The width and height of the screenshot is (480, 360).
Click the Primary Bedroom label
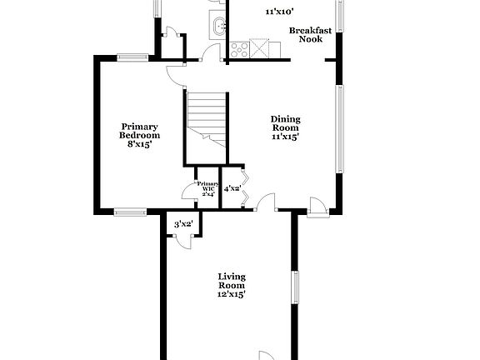tap(139, 131)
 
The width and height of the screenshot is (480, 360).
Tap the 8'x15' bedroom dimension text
tap(139, 144)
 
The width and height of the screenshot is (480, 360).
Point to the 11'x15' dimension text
tap(285, 137)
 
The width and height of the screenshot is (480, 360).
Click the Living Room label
tap(232, 281)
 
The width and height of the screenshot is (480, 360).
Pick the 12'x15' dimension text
tap(232, 293)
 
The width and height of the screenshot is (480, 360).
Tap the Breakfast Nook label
tap(310, 35)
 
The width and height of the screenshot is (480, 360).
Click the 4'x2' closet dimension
tap(232, 189)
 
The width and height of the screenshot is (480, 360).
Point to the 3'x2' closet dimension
tap(183, 224)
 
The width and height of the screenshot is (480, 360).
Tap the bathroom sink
tap(218, 27)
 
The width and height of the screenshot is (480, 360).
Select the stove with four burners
tap(258, 48)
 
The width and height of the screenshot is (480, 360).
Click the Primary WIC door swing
tap(188, 193)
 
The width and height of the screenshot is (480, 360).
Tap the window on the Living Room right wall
tap(294, 292)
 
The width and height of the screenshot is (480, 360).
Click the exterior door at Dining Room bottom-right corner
tap(317, 206)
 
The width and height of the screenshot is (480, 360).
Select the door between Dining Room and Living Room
tap(267, 202)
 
